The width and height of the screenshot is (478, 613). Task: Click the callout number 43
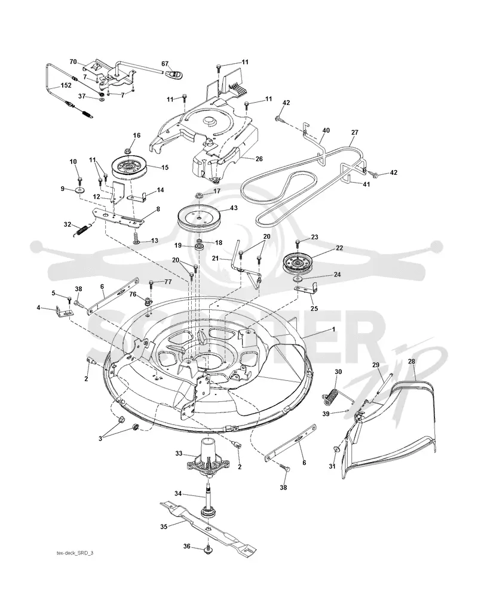(234, 208)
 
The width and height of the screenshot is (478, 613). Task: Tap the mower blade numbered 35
(207, 527)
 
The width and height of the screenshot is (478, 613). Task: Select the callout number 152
(66, 85)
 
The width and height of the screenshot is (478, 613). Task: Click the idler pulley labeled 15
(129, 167)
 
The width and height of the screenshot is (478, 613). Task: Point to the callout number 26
(259, 159)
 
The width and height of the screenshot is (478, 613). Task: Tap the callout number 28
(412, 361)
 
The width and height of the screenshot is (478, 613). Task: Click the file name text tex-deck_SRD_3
(75, 553)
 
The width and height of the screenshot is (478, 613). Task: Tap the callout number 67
(165, 64)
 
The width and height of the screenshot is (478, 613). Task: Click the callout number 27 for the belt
(354, 133)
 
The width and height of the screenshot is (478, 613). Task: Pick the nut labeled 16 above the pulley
(129, 150)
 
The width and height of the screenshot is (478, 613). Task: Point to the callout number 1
(333, 329)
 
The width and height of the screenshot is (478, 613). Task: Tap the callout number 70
(73, 61)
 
